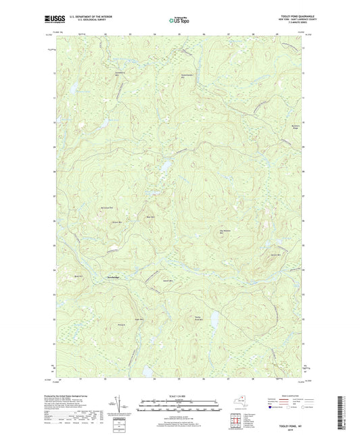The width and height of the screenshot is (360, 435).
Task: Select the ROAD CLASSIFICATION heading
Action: (x=284, y=396)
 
